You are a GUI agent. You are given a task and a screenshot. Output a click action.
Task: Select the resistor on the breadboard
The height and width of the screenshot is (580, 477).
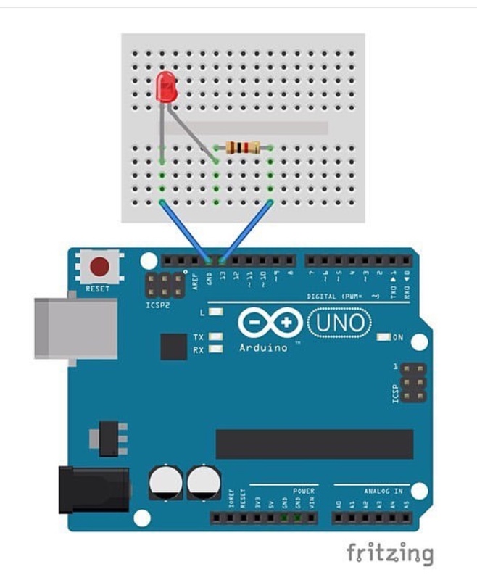click(x=244, y=148)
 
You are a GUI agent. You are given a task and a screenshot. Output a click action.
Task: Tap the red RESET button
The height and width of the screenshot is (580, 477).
click(x=99, y=268)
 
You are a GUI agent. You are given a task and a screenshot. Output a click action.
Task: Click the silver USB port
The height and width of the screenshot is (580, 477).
click(x=75, y=328)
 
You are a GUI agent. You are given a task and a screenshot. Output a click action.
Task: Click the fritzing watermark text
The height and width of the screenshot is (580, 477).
click(x=389, y=553)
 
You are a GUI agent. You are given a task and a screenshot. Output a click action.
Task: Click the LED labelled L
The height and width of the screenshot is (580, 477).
click(x=215, y=312)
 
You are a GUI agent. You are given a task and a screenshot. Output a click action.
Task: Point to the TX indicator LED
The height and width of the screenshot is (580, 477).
click(x=215, y=337)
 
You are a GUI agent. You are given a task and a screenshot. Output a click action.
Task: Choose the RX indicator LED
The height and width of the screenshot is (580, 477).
click(x=215, y=349)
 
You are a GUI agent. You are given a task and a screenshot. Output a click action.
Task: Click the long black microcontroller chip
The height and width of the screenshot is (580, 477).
click(x=315, y=444)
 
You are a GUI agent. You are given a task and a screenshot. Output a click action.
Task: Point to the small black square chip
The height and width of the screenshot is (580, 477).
click(x=174, y=347)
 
